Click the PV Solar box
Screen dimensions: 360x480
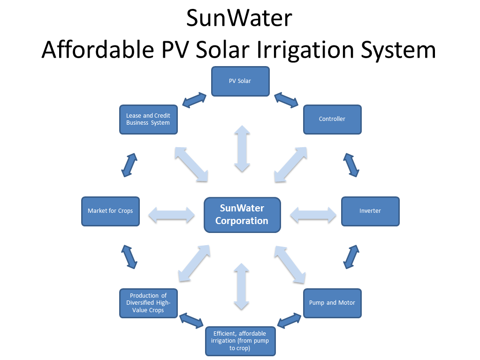[240, 81]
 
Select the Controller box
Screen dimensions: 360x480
[332, 119]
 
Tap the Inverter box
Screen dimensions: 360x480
[370, 211]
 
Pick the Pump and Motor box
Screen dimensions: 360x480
[332, 303]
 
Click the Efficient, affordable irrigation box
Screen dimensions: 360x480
[240, 341]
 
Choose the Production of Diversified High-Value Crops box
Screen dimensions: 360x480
[148, 303]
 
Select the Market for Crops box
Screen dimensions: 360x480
[110, 211]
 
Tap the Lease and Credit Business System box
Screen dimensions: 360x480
[148, 119]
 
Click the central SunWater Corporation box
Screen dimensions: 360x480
[242, 215]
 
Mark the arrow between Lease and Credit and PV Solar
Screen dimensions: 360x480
[194, 99]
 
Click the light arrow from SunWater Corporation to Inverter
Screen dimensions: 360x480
[313, 215]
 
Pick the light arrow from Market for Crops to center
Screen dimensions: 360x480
[171, 215]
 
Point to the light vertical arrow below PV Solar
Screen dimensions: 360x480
[242, 149]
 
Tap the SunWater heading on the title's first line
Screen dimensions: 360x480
[239, 18]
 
